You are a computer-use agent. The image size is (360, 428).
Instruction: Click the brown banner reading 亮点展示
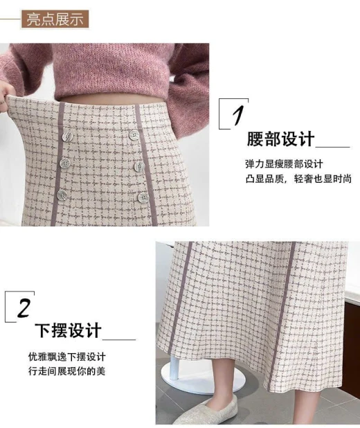click(x=55, y=19)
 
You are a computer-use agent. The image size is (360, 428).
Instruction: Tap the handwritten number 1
click(x=237, y=116)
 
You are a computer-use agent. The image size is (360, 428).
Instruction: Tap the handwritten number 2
click(x=24, y=308)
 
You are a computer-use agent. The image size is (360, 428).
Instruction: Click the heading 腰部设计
click(x=280, y=139)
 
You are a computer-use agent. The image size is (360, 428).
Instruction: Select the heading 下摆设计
click(x=69, y=330)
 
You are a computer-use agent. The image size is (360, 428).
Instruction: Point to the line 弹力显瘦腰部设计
click(x=284, y=164)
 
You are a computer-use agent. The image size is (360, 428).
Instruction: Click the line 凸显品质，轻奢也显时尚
click(x=298, y=179)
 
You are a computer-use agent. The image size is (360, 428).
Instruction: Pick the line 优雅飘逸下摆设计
click(x=66, y=357)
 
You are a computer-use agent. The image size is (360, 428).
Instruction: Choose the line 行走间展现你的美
click(x=66, y=371)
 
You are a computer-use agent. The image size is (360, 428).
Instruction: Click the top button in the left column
click(x=67, y=136)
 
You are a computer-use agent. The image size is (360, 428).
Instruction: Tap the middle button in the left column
click(x=65, y=163)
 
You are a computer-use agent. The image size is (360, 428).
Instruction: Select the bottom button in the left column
click(x=62, y=195)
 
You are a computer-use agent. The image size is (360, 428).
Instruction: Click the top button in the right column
click(x=134, y=135)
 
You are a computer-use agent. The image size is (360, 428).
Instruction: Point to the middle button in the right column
click(x=139, y=166)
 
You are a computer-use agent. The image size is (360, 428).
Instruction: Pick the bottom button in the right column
click(x=143, y=197)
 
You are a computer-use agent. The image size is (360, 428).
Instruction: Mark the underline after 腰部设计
click(x=333, y=147)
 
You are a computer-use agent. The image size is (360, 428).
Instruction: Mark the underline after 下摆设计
click(x=119, y=339)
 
